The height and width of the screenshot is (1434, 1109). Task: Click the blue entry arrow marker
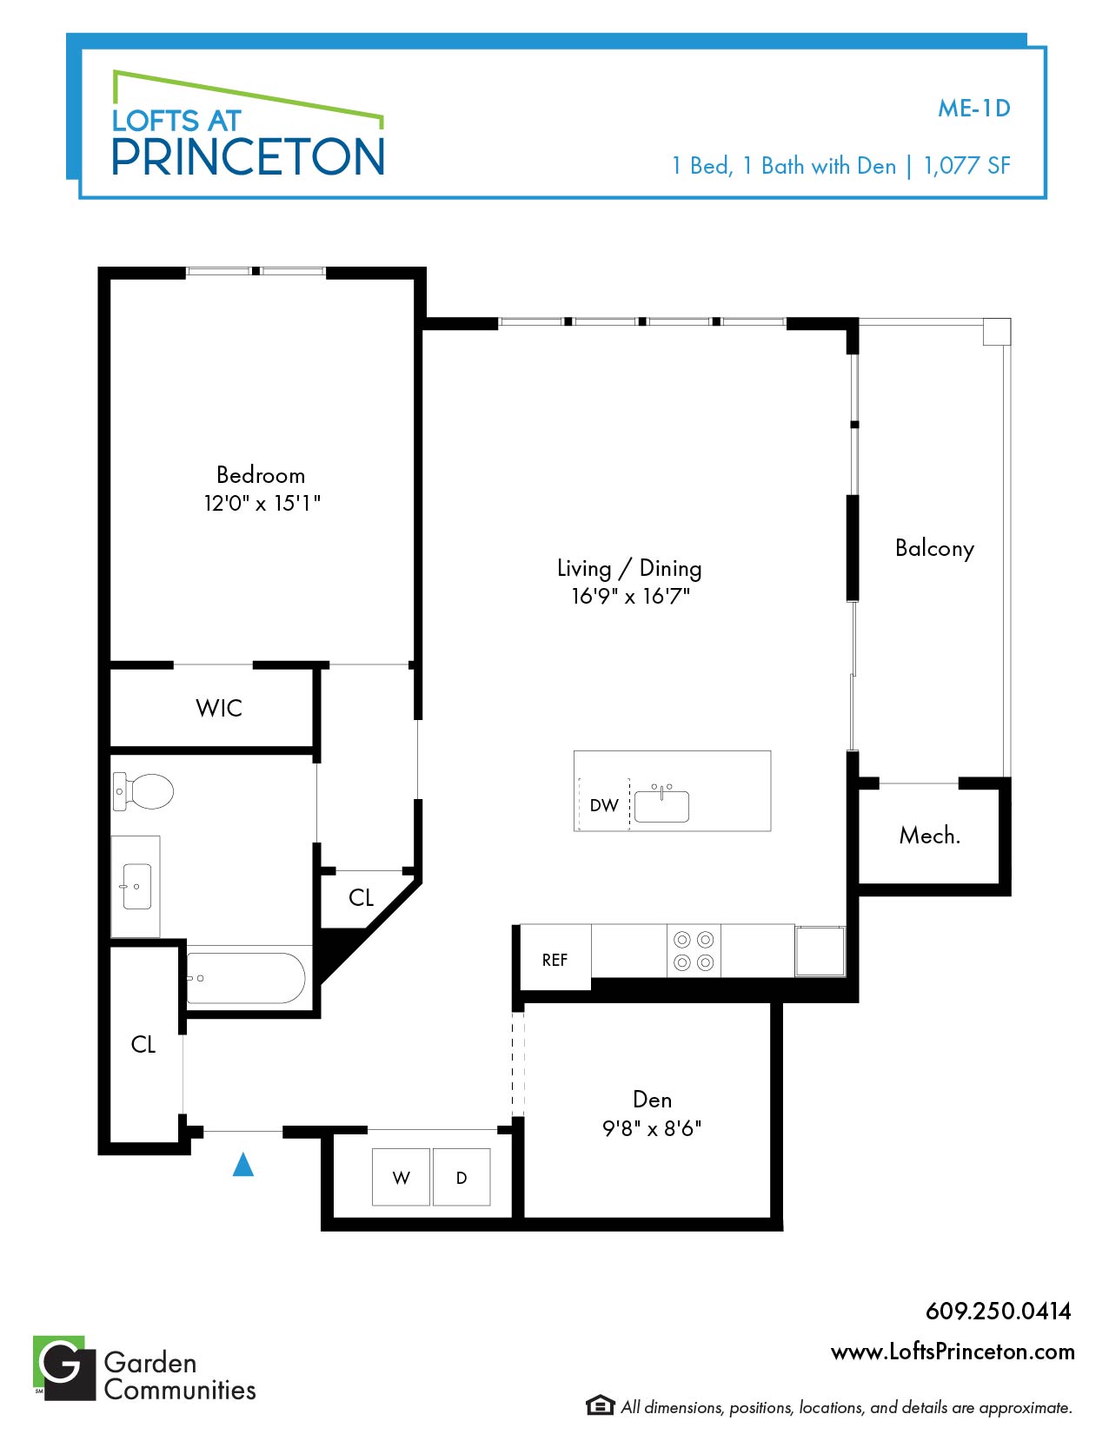pyautogui.click(x=243, y=1164)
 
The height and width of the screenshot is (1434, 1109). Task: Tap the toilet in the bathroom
pyautogui.click(x=143, y=791)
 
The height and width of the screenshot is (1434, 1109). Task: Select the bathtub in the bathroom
pyautogui.click(x=246, y=978)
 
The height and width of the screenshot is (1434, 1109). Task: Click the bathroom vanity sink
pyautogui.click(x=136, y=886)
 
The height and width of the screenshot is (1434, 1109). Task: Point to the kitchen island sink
pyautogui.click(x=661, y=803)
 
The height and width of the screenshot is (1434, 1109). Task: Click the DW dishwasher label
pyautogui.click(x=604, y=805)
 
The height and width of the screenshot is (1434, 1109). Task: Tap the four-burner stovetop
pyautogui.click(x=694, y=951)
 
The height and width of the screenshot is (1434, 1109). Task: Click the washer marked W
pyautogui.click(x=401, y=1177)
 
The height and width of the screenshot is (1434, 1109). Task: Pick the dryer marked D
pyautogui.click(x=462, y=1177)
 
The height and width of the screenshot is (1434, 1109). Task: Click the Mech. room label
pyautogui.click(x=929, y=836)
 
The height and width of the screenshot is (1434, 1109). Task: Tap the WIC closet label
pyautogui.click(x=219, y=708)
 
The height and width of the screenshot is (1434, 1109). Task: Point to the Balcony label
pyautogui.click(x=934, y=549)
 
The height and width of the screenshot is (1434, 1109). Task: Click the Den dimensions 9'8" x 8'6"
pyautogui.click(x=652, y=1128)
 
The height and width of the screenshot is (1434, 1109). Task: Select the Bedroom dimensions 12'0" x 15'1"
pyautogui.click(x=262, y=504)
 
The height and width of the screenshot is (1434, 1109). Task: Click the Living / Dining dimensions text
pyautogui.click(x=630, y=597)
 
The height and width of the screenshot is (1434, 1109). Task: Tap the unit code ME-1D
pyautogui.click(x=974, y=109)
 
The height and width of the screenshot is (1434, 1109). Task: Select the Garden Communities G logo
pyautogui.click(x=64, y=1368)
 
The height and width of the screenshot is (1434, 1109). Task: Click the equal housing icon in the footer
pyautogui.click(x=600, y=1406)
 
